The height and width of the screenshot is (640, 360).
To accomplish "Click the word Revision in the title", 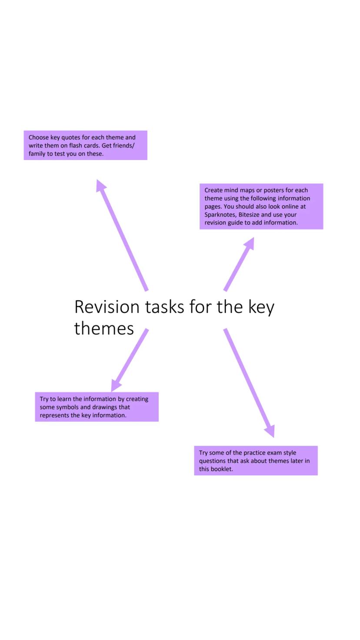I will [x=107, y=307].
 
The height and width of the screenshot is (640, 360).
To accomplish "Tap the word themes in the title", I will [x=104, y=328].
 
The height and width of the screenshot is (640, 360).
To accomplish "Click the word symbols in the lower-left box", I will [x=67, y=407].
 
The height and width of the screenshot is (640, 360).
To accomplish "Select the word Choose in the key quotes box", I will [x=38, y=137].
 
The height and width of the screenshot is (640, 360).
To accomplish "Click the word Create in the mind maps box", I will [x=213, y=190].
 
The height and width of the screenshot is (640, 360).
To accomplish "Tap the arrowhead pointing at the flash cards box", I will [x=101, y=185].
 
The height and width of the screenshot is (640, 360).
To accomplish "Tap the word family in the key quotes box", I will [x=37, y=154].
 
